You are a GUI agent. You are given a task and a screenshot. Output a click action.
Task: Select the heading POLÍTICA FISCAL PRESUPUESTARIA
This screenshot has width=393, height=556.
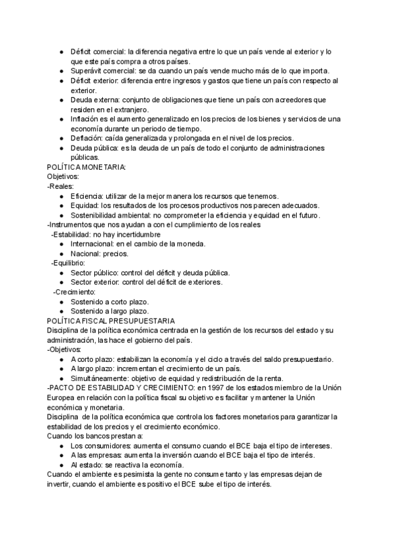tap(111, 321)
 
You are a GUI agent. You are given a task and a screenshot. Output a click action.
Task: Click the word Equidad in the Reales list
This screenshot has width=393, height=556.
tap(84, 205)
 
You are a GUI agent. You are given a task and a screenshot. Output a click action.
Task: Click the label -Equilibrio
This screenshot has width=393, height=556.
tap(68, 263)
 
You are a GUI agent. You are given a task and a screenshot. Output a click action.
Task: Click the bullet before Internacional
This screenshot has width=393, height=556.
tap(61, 244)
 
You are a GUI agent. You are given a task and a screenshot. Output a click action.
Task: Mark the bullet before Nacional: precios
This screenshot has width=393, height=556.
tap(61, 254)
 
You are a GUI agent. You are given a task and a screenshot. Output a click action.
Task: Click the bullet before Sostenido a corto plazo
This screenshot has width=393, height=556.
tap(61, 302)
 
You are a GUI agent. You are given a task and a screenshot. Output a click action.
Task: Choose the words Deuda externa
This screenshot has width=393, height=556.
tap(96, 100)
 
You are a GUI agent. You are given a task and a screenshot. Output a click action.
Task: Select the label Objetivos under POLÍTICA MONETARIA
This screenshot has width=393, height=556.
tap(63, 177)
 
